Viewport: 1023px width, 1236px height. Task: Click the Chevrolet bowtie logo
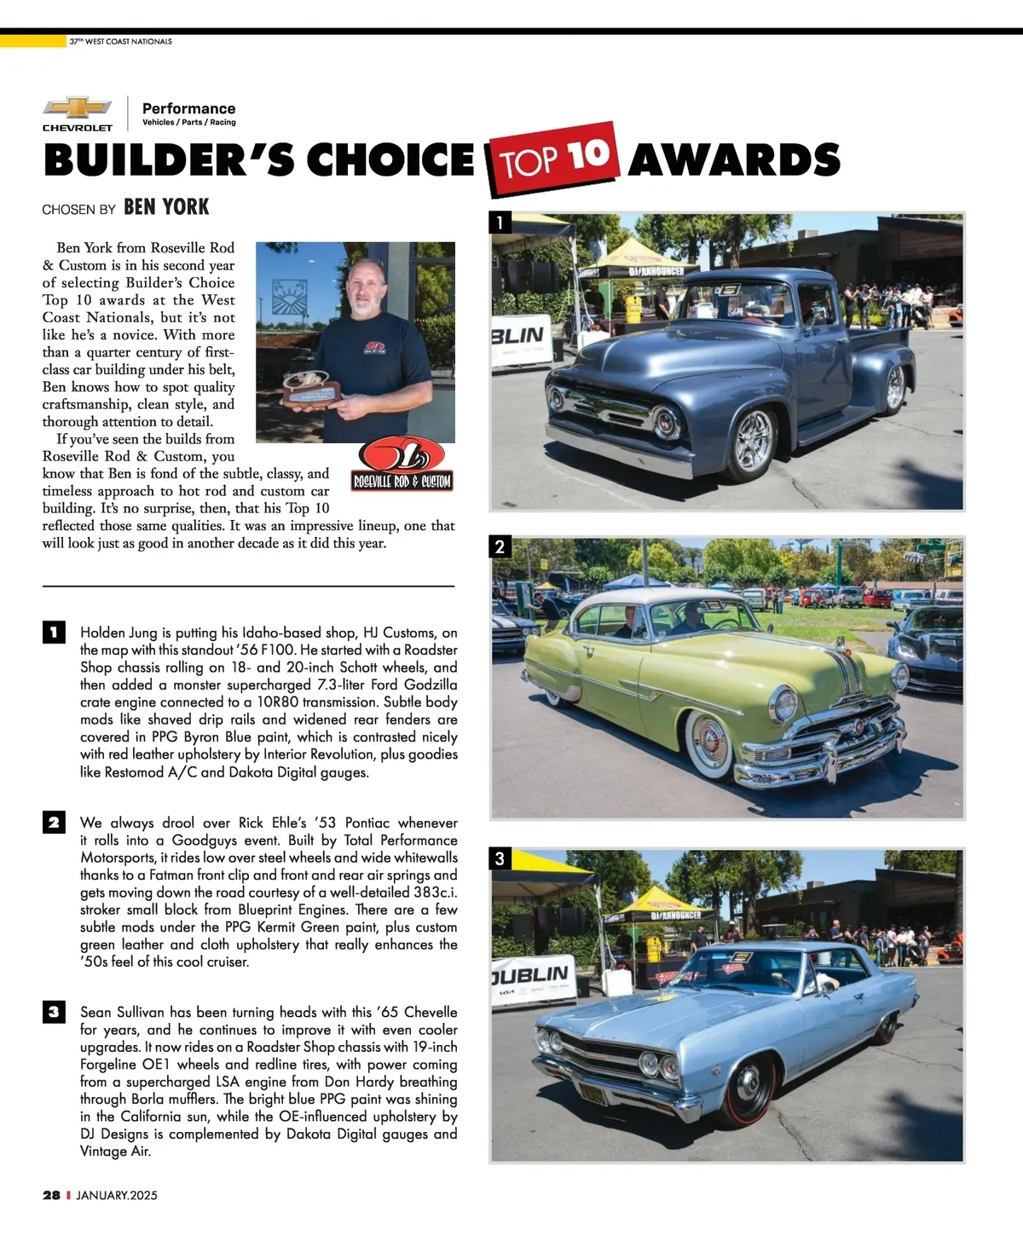coord(78,107)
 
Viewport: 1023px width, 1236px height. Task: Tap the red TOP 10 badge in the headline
coord(552,158)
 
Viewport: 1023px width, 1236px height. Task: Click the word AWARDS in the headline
coord(734,160)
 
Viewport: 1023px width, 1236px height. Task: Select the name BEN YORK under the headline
coord(166,207)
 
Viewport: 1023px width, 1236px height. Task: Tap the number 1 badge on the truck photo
coord(500,223)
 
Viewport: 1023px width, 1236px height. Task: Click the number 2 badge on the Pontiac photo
coord(500,546)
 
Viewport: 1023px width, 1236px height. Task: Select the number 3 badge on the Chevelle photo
coord(500,858)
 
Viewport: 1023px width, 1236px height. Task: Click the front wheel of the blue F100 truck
coord(754,440)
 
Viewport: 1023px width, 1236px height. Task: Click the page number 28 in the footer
coord(51,1195)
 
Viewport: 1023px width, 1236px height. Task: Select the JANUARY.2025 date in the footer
coord(117,1195)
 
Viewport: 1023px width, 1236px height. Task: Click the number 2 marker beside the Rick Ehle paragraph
coord(53,823)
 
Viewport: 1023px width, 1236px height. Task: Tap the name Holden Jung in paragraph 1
coord(119,632)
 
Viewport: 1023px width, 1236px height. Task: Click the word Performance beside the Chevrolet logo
coord(188,108)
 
